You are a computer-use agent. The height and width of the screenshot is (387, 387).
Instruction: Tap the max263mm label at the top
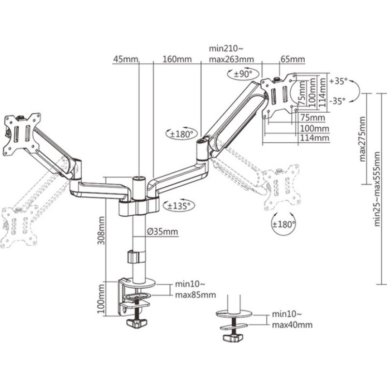231,60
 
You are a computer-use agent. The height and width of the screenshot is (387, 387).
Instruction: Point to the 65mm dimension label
292,60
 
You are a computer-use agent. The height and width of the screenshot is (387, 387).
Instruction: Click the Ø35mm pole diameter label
162,232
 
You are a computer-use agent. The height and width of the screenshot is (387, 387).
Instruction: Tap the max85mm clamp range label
195,295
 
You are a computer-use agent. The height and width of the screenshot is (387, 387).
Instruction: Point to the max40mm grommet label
292,325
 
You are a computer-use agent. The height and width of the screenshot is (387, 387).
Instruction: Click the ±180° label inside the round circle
283,223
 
